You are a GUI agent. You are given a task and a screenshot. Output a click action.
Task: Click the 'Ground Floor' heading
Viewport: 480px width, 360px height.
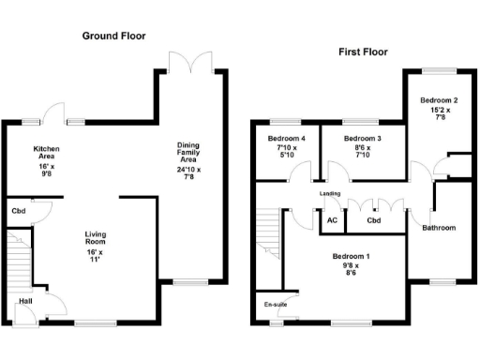[113, 36]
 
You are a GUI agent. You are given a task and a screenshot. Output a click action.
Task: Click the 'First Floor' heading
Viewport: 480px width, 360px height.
[363, 52]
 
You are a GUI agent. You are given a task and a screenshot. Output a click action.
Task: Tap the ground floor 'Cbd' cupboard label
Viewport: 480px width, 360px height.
[18, 211]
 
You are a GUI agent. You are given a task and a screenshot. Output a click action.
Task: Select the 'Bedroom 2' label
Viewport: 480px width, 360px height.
[438, 100]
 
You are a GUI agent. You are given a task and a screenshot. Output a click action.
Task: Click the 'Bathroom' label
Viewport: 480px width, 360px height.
[439, 228]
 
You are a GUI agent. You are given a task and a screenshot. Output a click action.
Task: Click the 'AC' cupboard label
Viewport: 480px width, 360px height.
[331, 221]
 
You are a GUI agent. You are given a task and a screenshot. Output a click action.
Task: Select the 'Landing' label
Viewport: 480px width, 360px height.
[330, 194]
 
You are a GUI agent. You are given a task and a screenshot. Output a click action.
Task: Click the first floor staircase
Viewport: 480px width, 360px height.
[268, 234]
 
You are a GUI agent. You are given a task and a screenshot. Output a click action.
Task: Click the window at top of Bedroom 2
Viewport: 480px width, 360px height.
[438, 69]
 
